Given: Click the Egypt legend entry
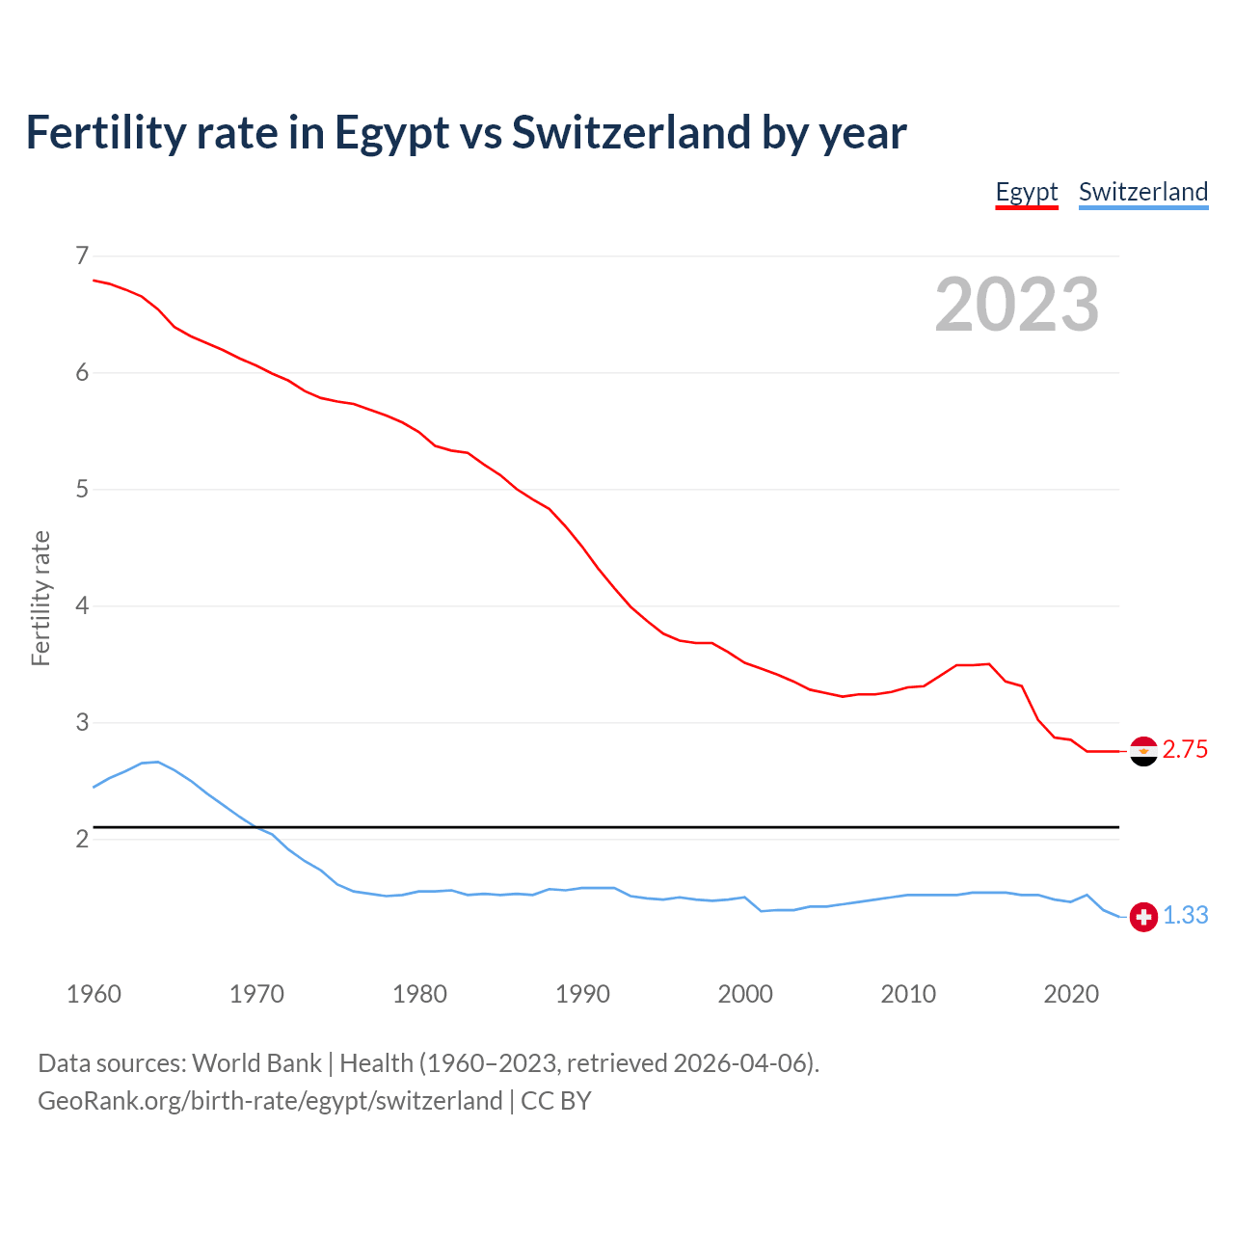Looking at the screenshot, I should (1027, 192).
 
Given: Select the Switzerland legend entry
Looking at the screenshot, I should (1142, 192).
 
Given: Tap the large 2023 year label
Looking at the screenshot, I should (1016, 305).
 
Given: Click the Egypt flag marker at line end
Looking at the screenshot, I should (1143, 751).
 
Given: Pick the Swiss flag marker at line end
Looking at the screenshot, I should (1143, 916).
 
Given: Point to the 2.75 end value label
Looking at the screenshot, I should (1185, 750).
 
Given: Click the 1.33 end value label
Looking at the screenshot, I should (1185, 916).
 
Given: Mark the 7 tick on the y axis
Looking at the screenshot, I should (82, 255).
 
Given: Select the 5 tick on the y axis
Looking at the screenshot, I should (82, 489).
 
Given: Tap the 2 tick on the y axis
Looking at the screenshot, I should (82, 839).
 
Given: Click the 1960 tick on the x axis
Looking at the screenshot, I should (94, 994).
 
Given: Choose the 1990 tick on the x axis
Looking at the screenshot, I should (582, 994).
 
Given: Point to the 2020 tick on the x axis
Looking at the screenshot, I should (1071, 994).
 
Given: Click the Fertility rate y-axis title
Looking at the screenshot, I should (40, 598).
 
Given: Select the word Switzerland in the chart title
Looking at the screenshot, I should (630, 132).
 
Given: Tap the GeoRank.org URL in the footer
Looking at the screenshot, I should (270, 1101).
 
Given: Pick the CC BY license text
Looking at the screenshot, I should (556, 1101).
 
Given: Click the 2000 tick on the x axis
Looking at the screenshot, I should (745, 994).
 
